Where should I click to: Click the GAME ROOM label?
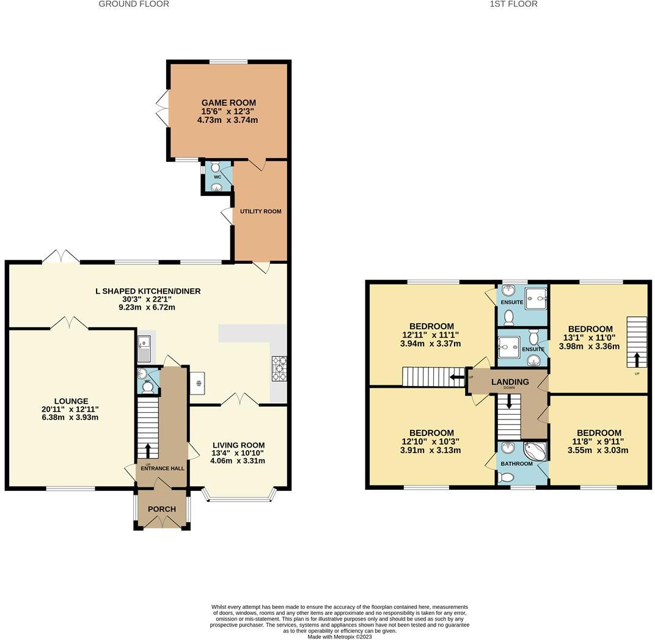(229, 103)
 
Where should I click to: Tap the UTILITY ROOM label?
(260, 211)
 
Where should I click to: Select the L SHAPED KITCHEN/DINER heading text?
(148, 291)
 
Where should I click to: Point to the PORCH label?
(162, 509)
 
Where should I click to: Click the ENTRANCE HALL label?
(162, 468)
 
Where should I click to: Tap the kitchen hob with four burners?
(279, 368)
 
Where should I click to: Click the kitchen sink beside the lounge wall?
(144, 349)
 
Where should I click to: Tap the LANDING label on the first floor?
(510, 382)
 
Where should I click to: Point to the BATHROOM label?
(517, 464)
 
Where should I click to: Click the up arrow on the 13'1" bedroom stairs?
(637, 358)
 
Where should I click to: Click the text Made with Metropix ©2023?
(339, 636)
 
